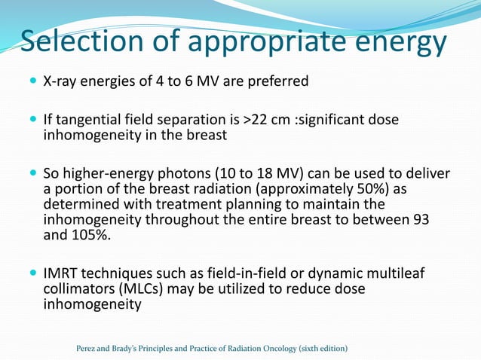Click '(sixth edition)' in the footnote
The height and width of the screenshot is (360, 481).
pos(322,348)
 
